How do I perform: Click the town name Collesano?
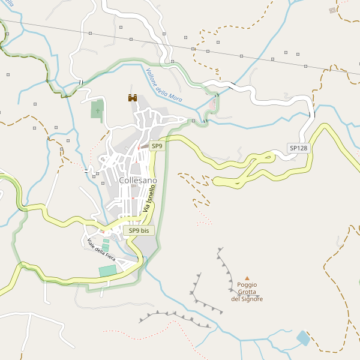point(137,180)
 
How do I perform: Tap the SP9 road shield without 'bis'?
point(157,146)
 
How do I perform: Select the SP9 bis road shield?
point(139,230)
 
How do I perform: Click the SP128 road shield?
point(298,148)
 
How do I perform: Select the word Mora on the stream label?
point(175,96)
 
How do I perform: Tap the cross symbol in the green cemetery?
point(97,110)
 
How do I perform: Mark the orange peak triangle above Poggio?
point(247,278)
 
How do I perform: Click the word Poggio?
point(247,285)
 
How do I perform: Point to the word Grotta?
point(247,292)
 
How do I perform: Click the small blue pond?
point(303,338)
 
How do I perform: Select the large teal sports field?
point(107,271)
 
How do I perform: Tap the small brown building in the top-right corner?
point(333,10)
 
